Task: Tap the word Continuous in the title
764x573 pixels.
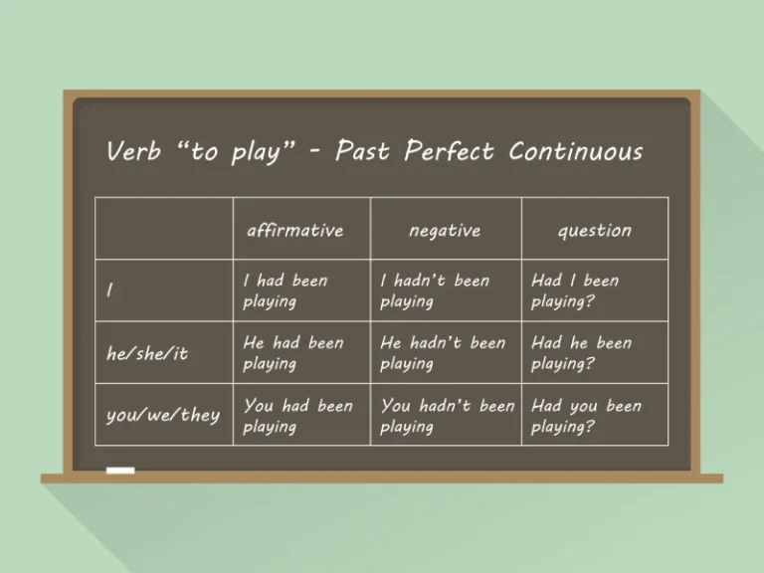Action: (x=575, y=151)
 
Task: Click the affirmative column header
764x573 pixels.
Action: (x=294, y=230)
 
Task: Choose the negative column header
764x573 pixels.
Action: (x=445, y=230)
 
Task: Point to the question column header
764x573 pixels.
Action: (x=594, y=230)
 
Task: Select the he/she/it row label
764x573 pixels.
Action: (x=146, y=353)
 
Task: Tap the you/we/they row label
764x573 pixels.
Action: (x=162, y=415)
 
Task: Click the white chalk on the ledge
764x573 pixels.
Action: (x=119, y=470)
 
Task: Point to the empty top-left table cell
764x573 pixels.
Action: (x=164, y=229)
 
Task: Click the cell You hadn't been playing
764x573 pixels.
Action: (x=447, y=416)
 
